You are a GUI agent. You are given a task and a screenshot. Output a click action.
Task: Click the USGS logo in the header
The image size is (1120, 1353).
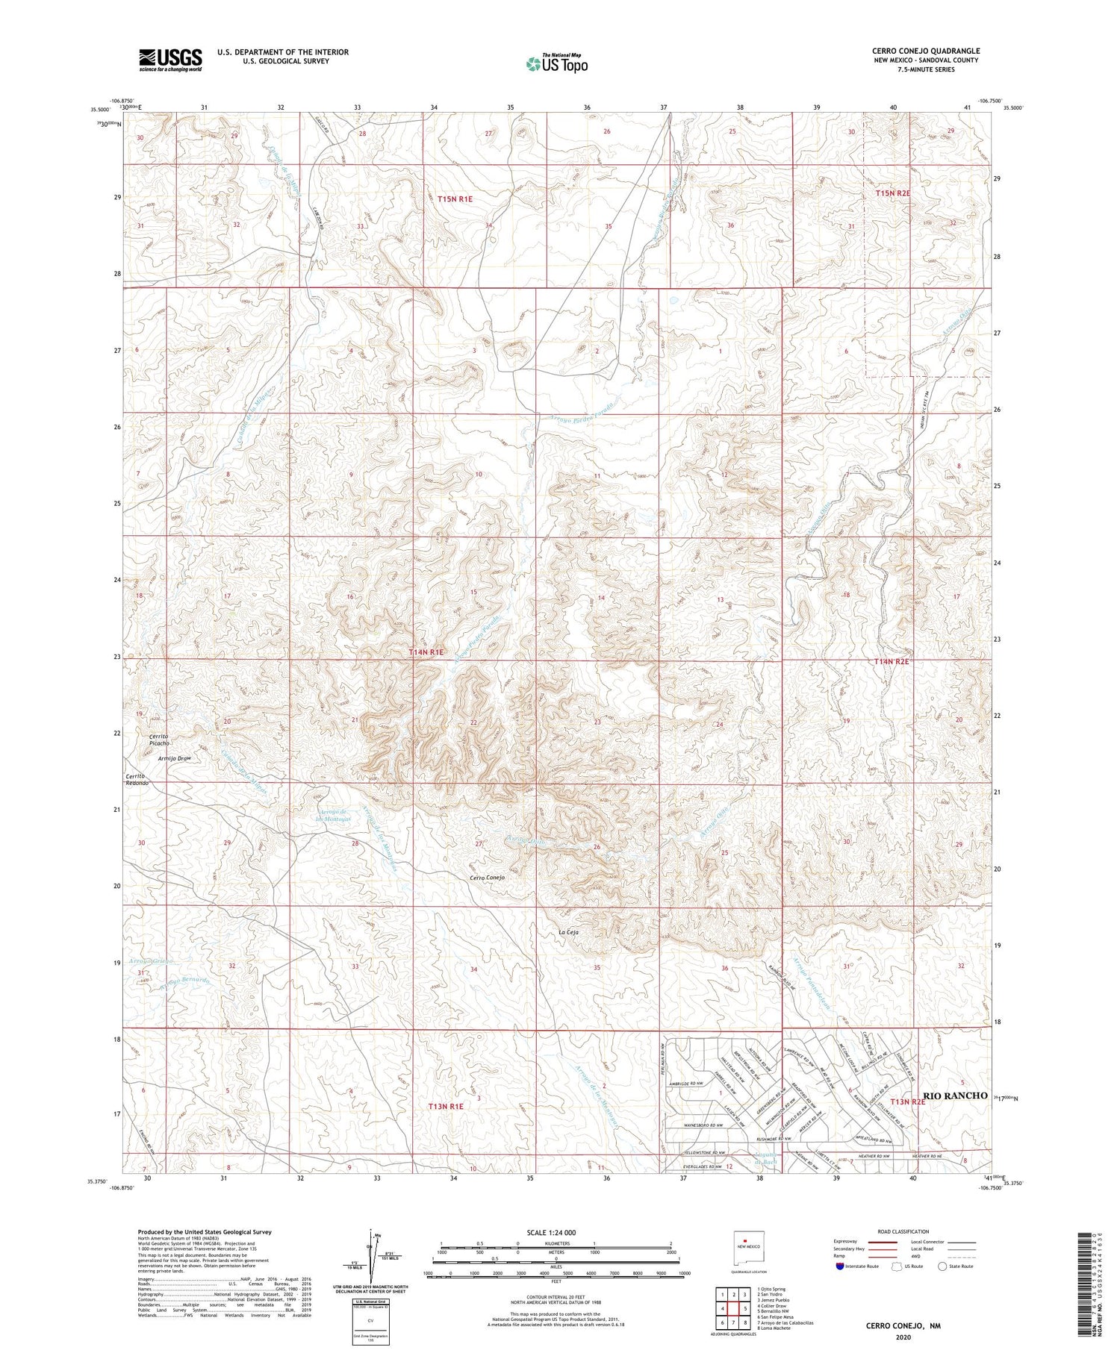pyautogui.click(x=169, y=60)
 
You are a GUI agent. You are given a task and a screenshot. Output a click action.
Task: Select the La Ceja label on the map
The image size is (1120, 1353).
pyautogui.click(x=569, y=933)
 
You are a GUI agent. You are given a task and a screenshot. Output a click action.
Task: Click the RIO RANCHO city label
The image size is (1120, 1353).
pyautogui.click(x=955, y=1096)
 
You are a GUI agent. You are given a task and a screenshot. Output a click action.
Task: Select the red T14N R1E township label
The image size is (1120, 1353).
pyautogui.click(x=426, y=652)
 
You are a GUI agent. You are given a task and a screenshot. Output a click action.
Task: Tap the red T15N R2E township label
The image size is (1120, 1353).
pyautogui.click(x=892, y=193)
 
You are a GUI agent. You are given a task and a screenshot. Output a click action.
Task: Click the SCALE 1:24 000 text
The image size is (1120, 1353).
pyautogui.click(x=556, y=1233)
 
